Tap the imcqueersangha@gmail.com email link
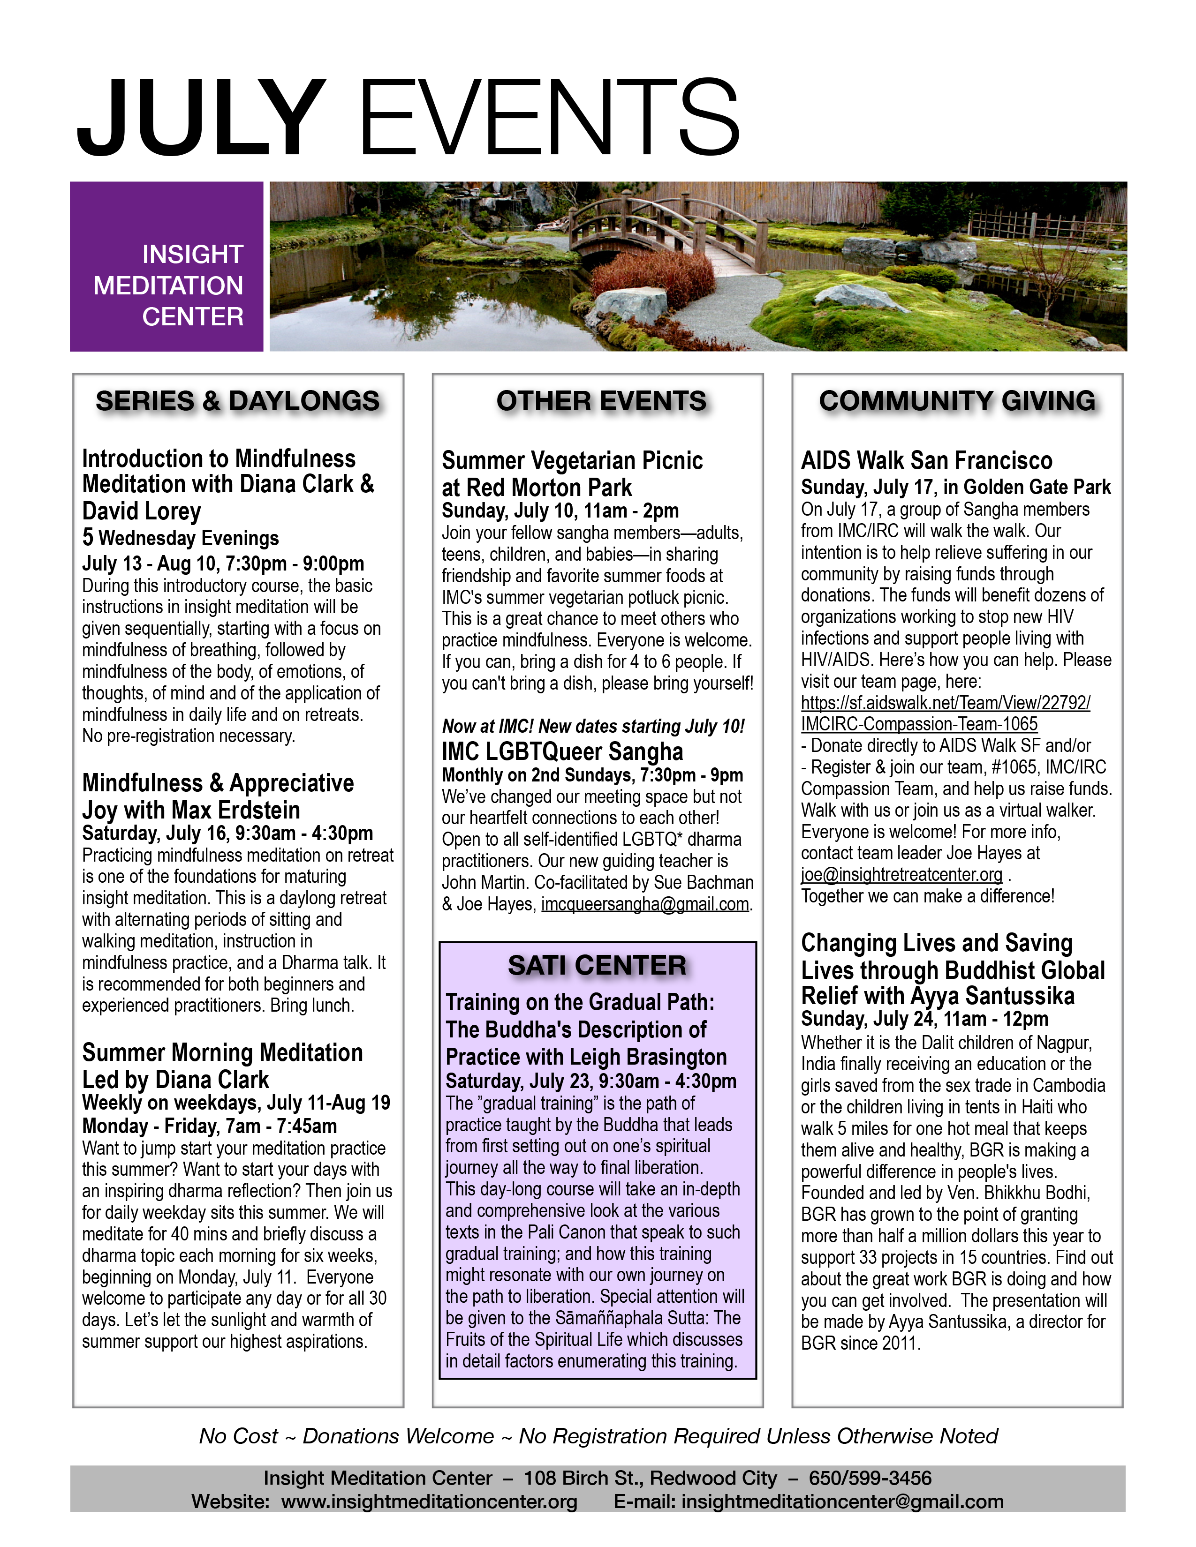[645, 905]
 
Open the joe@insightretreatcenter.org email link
[901, 874]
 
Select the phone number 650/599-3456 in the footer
[870, 1478]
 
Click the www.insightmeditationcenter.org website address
[429, 1502]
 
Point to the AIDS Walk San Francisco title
[926, 460]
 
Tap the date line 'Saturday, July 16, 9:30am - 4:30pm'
[227, 833]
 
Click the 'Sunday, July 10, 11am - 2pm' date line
[560, 511]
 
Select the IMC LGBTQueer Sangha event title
[562, 751]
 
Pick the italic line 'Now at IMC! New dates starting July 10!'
[593, 726]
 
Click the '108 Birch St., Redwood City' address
[650, 1478]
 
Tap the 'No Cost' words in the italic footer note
[238, 1436]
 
